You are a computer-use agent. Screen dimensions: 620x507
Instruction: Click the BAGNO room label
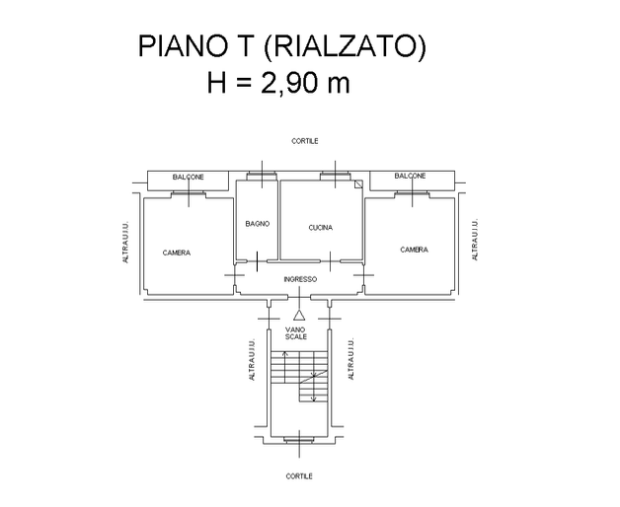click(x=258, y=224)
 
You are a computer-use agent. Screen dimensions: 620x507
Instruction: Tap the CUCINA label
click(x=320, y=228)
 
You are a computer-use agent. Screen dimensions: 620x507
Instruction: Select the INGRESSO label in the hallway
click(x=300, y=279)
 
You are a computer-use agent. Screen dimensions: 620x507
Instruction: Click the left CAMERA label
click(x=177, y=253)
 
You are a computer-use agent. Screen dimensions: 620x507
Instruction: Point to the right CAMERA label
click(x=414, y=250)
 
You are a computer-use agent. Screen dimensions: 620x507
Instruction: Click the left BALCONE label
click(x=189, y=177)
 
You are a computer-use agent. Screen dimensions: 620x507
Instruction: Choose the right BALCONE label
click(x=410, y=176)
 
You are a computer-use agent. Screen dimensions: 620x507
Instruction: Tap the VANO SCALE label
click(x=296, y=333)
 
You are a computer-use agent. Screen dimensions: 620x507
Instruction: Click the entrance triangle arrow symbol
click(x=299, y=315)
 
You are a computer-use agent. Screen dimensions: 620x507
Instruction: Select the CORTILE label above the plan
click(x=305, y=141)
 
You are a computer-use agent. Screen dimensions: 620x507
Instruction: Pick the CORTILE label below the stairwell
click(x=299, y=476)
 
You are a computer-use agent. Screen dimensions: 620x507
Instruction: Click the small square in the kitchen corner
click(x=358, y=184)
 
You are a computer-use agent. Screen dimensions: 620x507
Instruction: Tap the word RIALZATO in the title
click(x=345, y=46)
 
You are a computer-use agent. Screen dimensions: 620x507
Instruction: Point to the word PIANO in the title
click(x=183, y=46)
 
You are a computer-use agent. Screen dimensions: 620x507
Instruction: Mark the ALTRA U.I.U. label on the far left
click(x=125, y=242)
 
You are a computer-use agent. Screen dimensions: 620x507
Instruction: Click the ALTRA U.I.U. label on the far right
click(x=475, y=239)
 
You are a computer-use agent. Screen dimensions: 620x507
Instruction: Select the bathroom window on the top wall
click(x=262, y=177)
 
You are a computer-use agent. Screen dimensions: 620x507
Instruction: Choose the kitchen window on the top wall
click(x=335, y=177)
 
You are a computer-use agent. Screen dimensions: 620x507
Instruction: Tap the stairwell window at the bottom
click(x=299, y=440)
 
